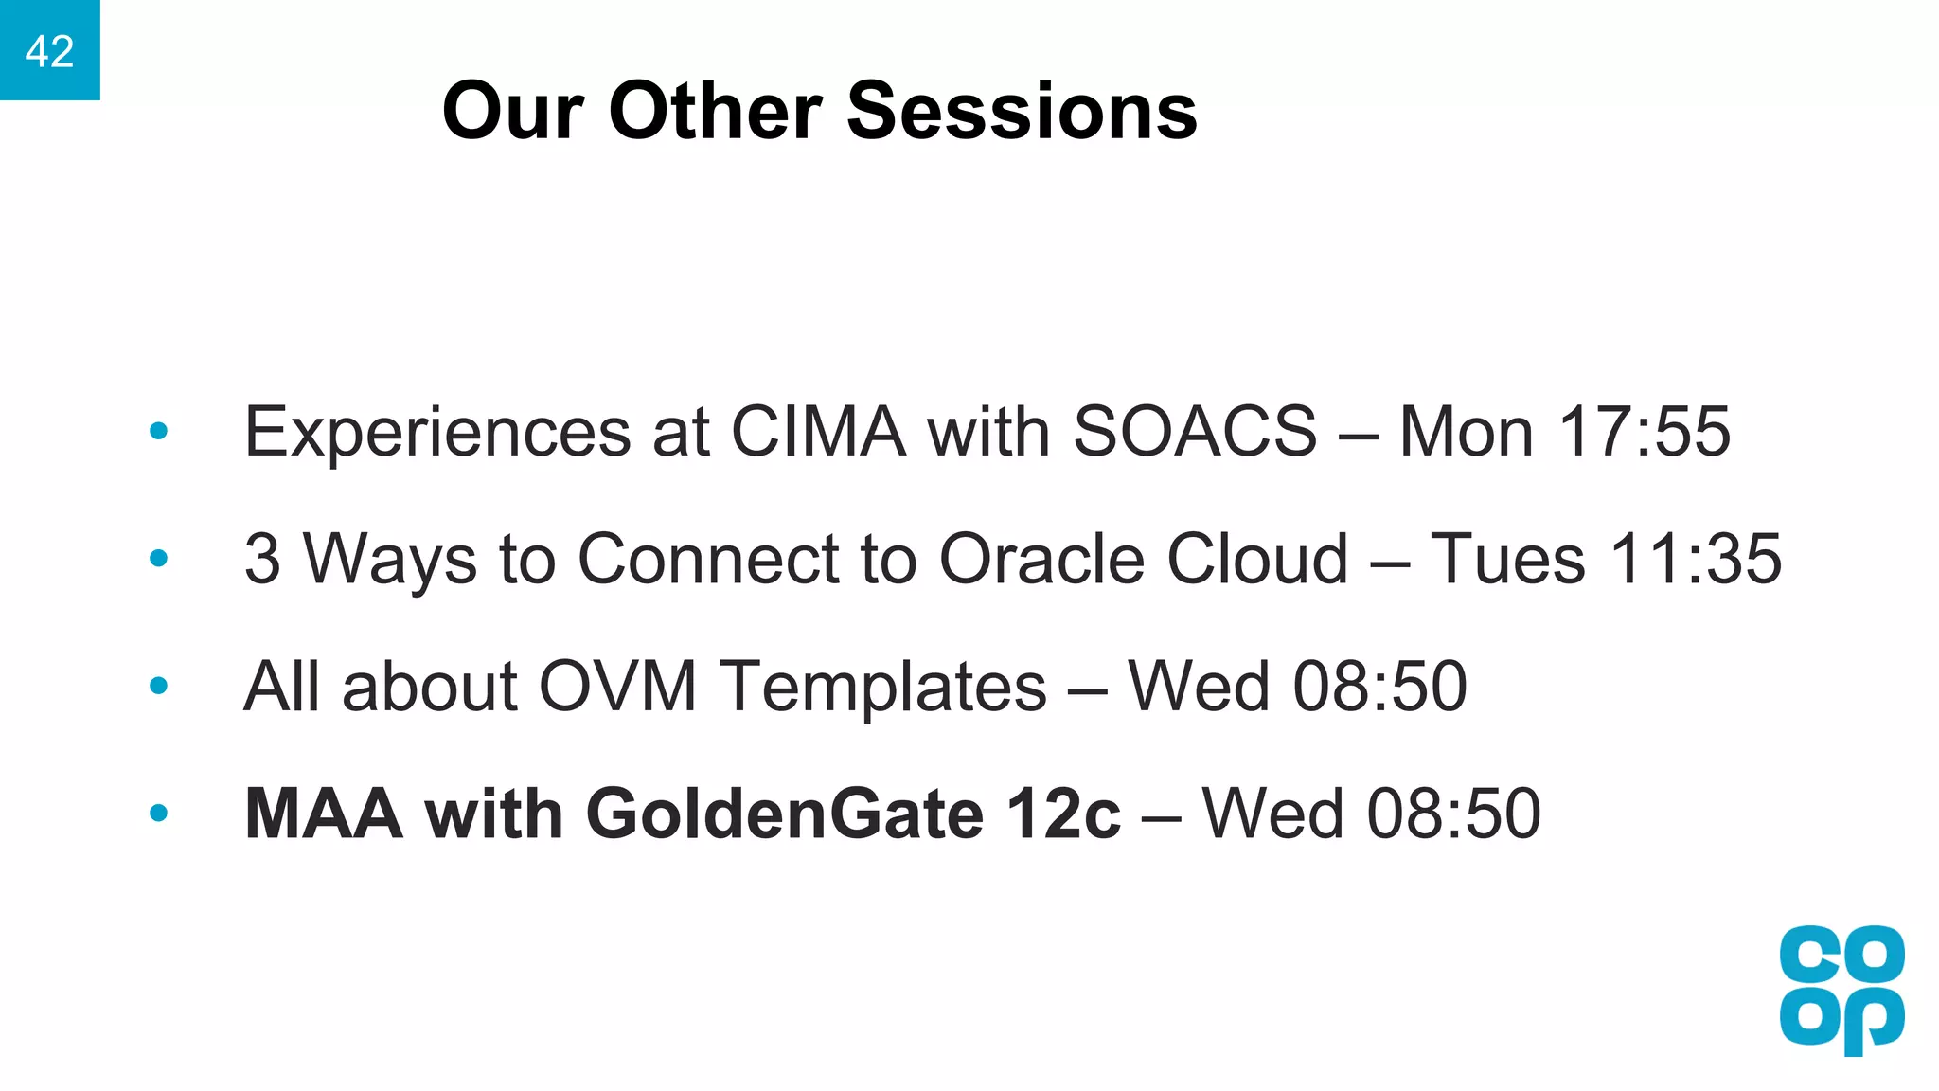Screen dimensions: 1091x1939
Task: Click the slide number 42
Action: click(49, 51)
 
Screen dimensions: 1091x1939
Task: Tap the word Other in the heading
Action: click(715, 111)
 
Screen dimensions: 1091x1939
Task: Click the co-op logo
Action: click(1841, 989)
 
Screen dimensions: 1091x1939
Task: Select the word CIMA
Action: click(818, 432)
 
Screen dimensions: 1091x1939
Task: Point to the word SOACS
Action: click(1194, 432)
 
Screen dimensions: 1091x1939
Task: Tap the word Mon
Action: click(1466, 432)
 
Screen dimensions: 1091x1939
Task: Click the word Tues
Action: click(1507, 559)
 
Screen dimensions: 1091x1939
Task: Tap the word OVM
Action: click(617, 686)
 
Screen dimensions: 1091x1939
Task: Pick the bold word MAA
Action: click(323, 814)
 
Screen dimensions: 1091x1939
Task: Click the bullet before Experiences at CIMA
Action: click(159, 432)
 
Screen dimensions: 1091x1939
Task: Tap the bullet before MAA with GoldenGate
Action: click(159, 814)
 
